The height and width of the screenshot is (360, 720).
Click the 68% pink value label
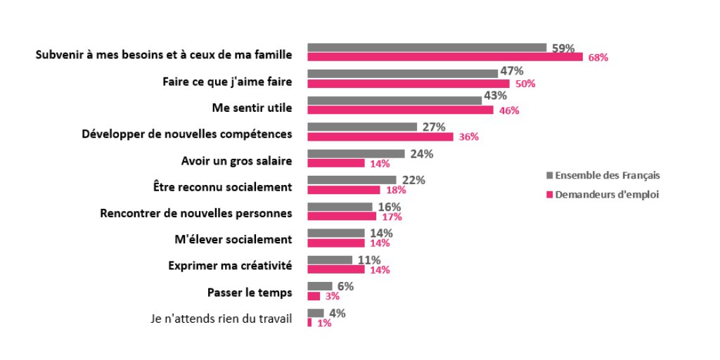[x=598, y=58]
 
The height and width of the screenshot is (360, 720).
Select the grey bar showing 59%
[x=427, y=48]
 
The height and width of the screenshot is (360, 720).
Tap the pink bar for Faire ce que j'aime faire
[x=408, y=84]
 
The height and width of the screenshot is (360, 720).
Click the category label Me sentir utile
[x=252, y=108]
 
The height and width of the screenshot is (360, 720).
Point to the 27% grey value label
[x=434, y=127]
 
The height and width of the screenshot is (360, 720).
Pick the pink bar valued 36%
[x=380, y=136]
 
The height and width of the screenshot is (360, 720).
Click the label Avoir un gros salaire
[x=236, y=161]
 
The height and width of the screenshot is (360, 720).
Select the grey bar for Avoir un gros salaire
[x=356, y=153]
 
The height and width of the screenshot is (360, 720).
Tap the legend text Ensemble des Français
[x=607, y=175]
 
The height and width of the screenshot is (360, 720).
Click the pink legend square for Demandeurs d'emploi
[x=550, y=195]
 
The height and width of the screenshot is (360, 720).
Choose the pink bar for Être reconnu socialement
[x=344, y=190]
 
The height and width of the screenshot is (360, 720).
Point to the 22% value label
[x=413, y=180]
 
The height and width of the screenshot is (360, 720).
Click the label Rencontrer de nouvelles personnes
[x=196, y=213]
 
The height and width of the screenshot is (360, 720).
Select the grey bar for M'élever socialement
[x=336, y=233]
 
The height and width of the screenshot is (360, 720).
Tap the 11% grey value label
[x=369, y=260]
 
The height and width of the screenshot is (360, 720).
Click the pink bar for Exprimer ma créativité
[x=336, y=269]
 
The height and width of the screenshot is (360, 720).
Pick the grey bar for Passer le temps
[x=320, y=286]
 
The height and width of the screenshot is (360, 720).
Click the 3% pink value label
[x=333, y=297]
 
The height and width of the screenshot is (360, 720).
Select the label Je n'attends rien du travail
[x=221, y=318]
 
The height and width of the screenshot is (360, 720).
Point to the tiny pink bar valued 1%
[x=309, y=323]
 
